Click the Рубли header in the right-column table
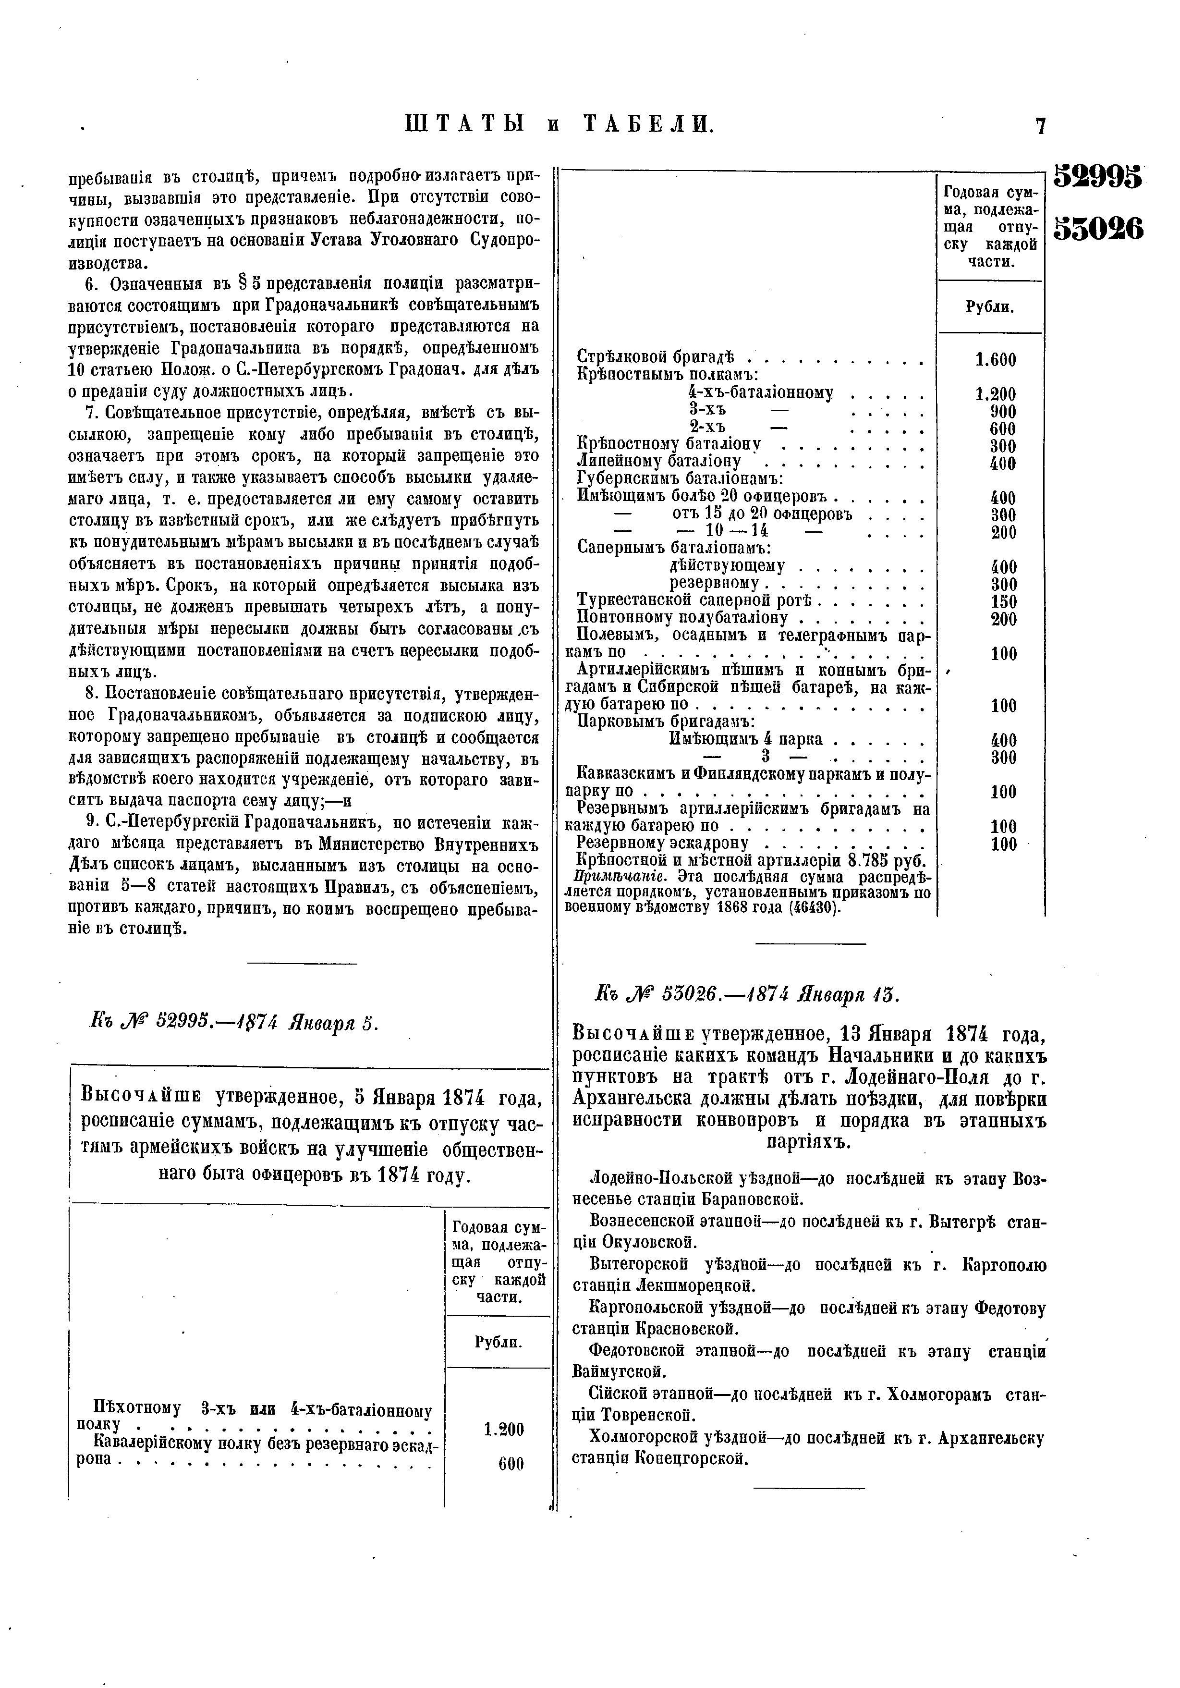pos(990,307)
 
